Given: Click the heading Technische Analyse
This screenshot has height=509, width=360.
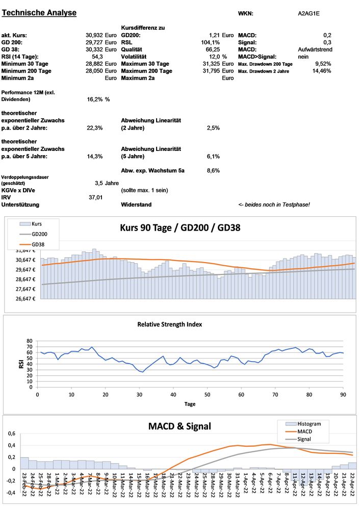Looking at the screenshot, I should tap(40, 13).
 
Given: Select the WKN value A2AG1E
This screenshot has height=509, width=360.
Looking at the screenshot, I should tap(309, 14).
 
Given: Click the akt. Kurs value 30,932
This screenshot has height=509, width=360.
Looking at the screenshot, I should tap(94, 35).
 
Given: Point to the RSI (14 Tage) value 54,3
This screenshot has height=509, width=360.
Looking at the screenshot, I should tap(97, 57).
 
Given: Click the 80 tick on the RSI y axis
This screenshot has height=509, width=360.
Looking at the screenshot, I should tap(29, 341).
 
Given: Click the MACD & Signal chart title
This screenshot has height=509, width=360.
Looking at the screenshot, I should tap(179, 426).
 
